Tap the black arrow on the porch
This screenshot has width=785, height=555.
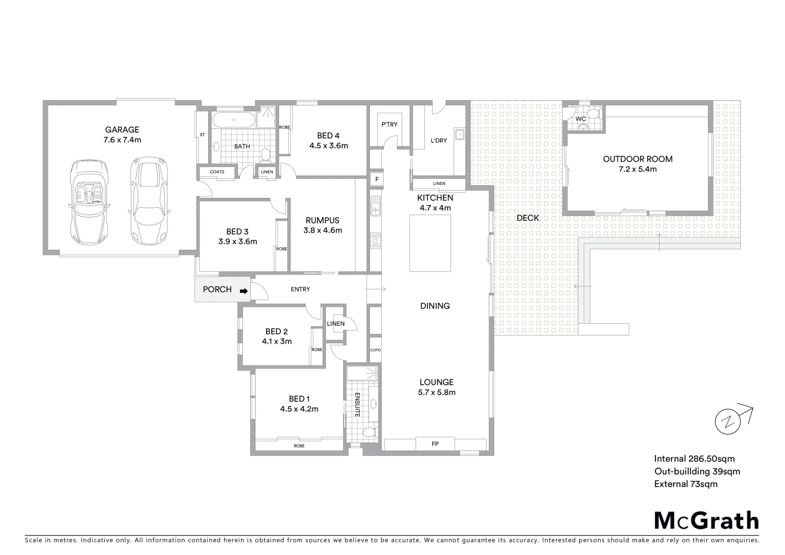pyautogui.click(x=244, y=291)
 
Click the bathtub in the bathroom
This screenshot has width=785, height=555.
pyautogui.click(x=234, y=121)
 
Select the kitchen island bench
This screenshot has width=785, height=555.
pyautogui.click(x=430, y=243)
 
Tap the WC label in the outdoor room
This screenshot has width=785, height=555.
pyautogui.click(x=581, y=119)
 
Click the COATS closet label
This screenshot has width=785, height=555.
pyautogui.click(x=217, y=172)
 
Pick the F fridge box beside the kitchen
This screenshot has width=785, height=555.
pyautogui.click(x=377, y=179)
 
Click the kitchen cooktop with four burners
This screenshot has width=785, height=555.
pyautogui.click(x=376, y=240)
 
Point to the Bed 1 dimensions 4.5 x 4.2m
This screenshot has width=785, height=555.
pyautogui.click(x=299, y=409)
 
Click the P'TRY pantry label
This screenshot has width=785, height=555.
pyautogui.click(x=389, y=124)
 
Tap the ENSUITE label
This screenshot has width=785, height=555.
pyautogui.click(x=357, y=404)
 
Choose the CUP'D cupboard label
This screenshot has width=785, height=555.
pyautogui.click(x=375, y=350)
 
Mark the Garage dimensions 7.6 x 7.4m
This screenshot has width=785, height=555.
pyautogui.click(x=122, y=140)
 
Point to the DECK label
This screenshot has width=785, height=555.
pyautogui.click(x=528, y=218)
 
